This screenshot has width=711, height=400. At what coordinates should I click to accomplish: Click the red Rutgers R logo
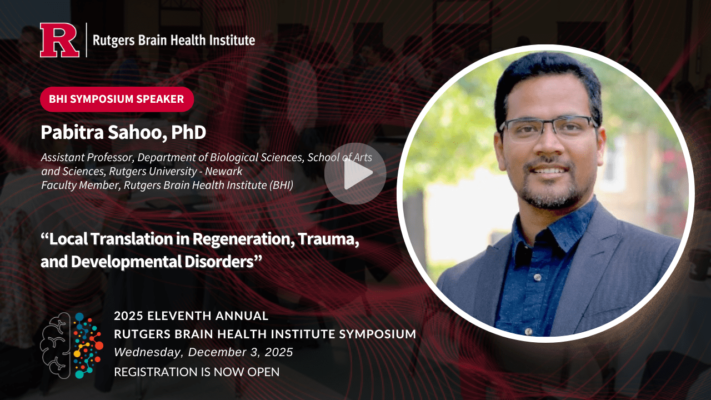(x=59, y=40)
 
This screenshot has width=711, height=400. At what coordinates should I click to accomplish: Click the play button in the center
(x=355, y=173)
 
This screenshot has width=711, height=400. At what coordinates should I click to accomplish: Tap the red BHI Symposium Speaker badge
(x=117, y=99)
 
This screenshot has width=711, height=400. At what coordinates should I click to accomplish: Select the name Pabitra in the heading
(x=72, y=132)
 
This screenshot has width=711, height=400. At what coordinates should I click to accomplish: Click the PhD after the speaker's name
(x=188, y=132)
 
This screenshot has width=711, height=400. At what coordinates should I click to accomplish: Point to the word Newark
(x=223, y=171)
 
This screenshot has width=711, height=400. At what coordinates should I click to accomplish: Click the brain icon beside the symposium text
(x=72, y=346)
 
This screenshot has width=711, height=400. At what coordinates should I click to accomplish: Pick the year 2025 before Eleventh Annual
(x=128, y=316)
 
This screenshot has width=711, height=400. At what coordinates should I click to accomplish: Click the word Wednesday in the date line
(x=148, y=352)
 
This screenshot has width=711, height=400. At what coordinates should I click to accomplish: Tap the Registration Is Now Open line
(x=197, y=372)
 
